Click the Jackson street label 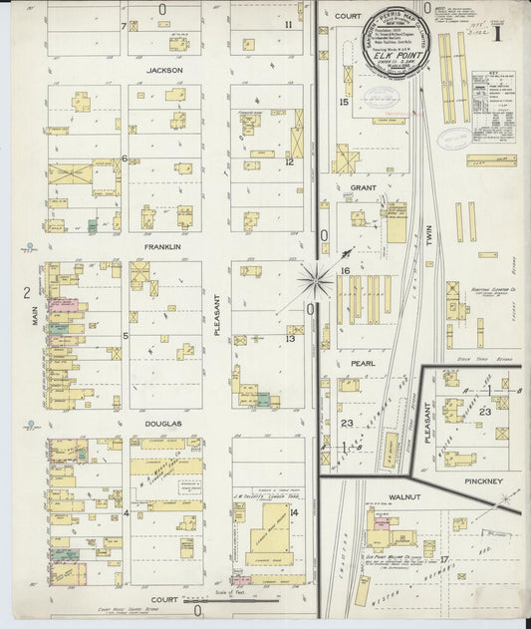[162, 71]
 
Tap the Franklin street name [162, 246]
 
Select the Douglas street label [162, 424]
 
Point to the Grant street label [362, 186]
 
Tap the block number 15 [344, 102]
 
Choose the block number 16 [344, 270]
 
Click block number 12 [289, 161]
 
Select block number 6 [125, 157]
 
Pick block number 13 [289, 339]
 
